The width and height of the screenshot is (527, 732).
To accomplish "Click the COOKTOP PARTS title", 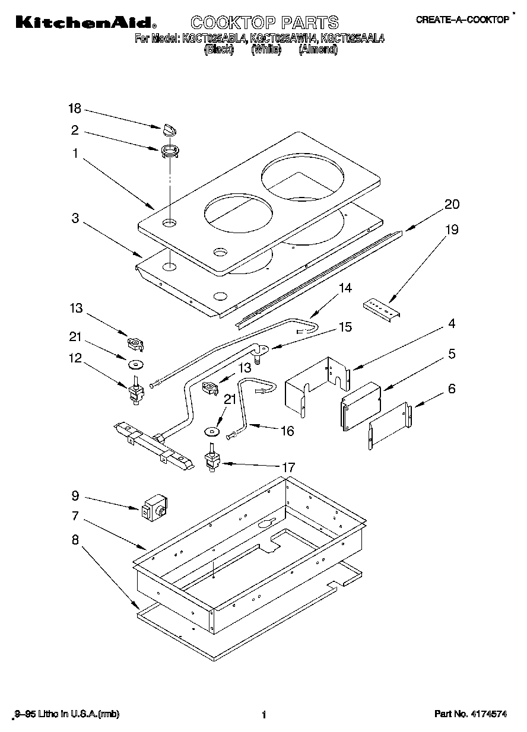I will click(264, 23).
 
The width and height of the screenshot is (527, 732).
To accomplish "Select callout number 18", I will click(74, 109).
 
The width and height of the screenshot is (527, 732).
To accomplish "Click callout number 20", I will click(452, 204).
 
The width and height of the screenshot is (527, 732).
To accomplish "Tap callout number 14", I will click(345, 288).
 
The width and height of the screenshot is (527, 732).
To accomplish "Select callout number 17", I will click(288, 468).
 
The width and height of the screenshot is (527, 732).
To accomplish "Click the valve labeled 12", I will click(135, 393).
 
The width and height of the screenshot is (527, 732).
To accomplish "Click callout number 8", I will click(75, 540).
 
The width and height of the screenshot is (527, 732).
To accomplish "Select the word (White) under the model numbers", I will click(265, 50).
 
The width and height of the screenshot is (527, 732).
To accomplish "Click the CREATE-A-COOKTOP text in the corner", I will click(462, 20).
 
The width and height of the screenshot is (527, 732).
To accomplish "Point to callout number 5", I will click(452, 354).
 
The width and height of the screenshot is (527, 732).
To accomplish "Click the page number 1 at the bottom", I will click(263, 715).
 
